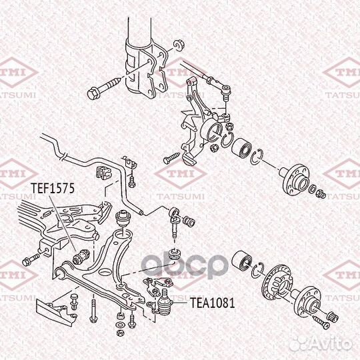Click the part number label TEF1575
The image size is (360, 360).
tap(53, 189)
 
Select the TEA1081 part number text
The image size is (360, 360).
tap(213, 303)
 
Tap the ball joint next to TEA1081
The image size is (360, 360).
tap(165, 303)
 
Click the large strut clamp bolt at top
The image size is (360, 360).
tap(104, 89)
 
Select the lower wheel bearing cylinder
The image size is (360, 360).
tap(242, 261)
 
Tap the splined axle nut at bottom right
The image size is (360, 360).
tap(333, 317)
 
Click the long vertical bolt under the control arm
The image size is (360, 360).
tap(93, 308)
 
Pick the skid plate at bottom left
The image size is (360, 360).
tap(57, 311)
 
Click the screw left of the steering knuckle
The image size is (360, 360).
tap(171, 158)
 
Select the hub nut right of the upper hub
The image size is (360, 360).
tap(321, 194)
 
